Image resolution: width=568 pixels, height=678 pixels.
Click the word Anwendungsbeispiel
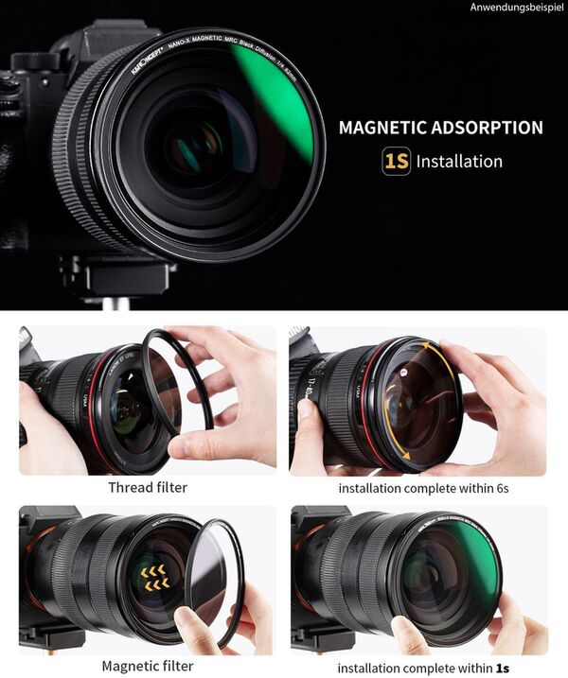[517, 8]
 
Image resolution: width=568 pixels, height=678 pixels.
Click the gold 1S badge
[397, 161]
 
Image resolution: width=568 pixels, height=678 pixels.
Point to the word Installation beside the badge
[459, 161]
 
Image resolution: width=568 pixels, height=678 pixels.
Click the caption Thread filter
[147, 488]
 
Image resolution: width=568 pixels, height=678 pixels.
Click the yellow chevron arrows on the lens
[153, 577]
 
